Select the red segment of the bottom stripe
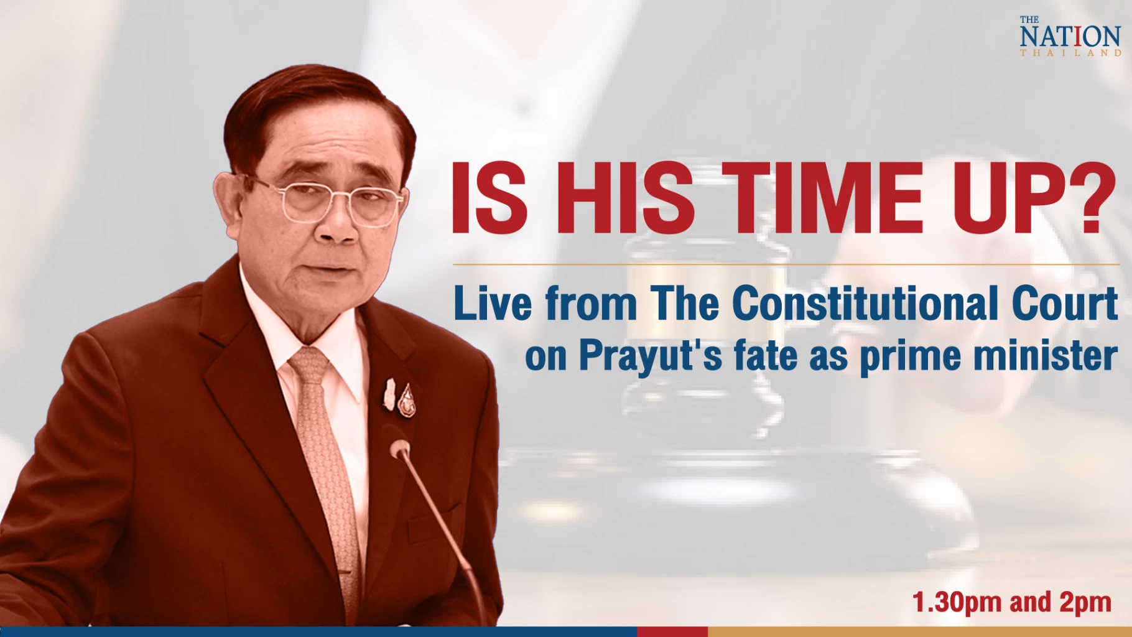[x=672, y=632]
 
